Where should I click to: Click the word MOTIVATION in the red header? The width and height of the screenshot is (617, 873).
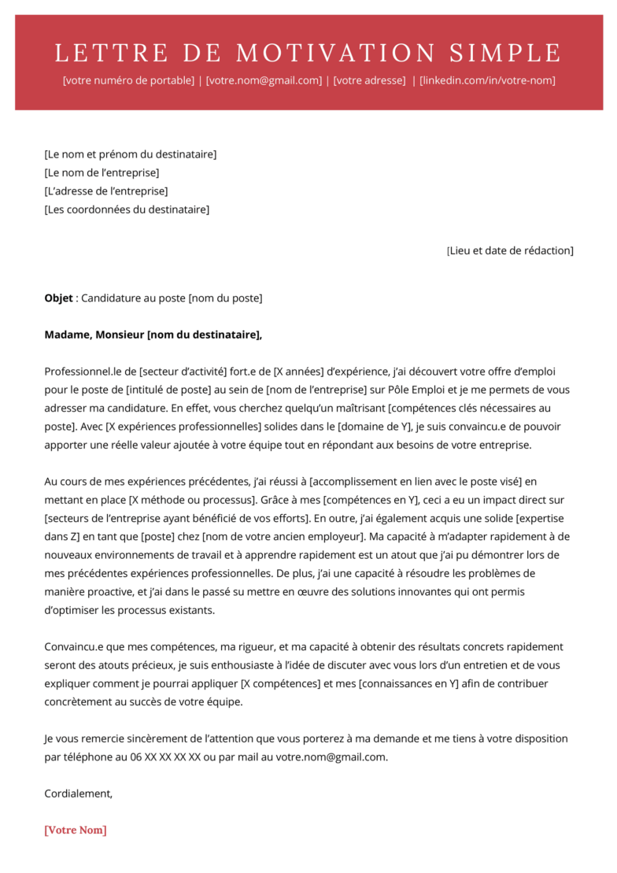click(336, 54)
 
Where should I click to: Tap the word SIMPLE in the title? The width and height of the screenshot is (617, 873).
click(506, 54)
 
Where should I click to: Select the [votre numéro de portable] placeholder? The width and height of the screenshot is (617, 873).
click(128, 80)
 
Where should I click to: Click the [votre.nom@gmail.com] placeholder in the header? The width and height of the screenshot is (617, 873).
click(264, 80)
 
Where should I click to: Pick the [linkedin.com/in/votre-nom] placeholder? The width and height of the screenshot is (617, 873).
click(487, 80)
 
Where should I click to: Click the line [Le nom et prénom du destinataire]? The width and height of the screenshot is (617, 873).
click(131, 154)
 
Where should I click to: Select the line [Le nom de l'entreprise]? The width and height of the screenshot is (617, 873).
click(102, 172)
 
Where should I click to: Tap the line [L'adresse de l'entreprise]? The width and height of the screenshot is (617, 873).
click(106, 191)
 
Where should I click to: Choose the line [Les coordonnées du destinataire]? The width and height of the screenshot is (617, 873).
click(127, 209)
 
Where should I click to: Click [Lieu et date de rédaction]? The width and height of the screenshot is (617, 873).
click(511, 250)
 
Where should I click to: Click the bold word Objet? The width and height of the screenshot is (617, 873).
click(58, 298)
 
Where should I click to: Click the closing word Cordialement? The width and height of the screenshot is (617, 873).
click(78, 793)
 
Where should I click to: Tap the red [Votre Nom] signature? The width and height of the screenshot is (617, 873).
click(76, 830)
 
